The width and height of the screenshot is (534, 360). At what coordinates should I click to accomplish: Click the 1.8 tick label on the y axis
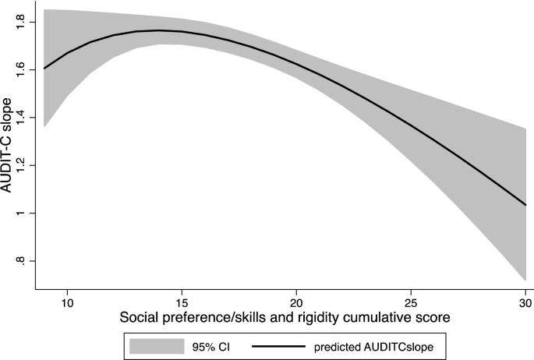pos(23,22)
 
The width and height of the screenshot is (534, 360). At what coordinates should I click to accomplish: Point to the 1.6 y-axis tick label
pos(23,69)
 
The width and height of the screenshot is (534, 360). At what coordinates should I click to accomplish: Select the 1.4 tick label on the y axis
pos(23,117)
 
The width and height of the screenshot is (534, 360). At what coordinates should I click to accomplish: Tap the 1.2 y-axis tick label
pos(23,165)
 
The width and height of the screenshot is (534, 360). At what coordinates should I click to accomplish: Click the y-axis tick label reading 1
pos(23,213)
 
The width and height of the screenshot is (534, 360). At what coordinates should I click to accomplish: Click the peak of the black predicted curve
pos(159,30)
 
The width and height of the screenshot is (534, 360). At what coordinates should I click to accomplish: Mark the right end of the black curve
pos(525,204)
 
